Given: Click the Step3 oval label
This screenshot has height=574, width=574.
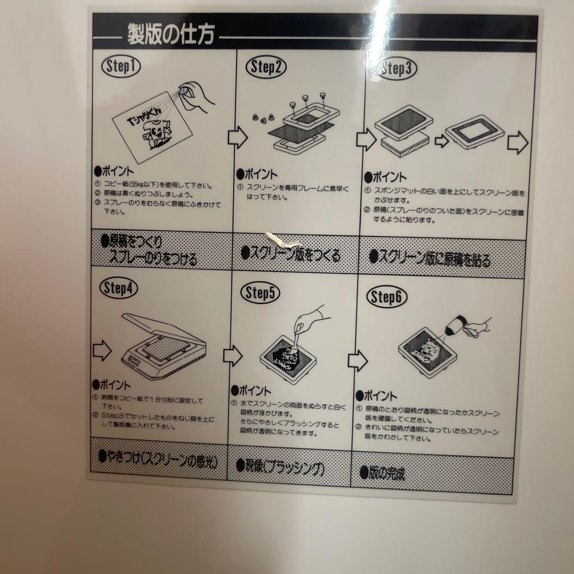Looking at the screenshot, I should pos(396,69).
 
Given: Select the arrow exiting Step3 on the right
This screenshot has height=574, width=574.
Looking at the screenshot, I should pos(518,143).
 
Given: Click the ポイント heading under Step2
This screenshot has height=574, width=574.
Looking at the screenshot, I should pos(257,174).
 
